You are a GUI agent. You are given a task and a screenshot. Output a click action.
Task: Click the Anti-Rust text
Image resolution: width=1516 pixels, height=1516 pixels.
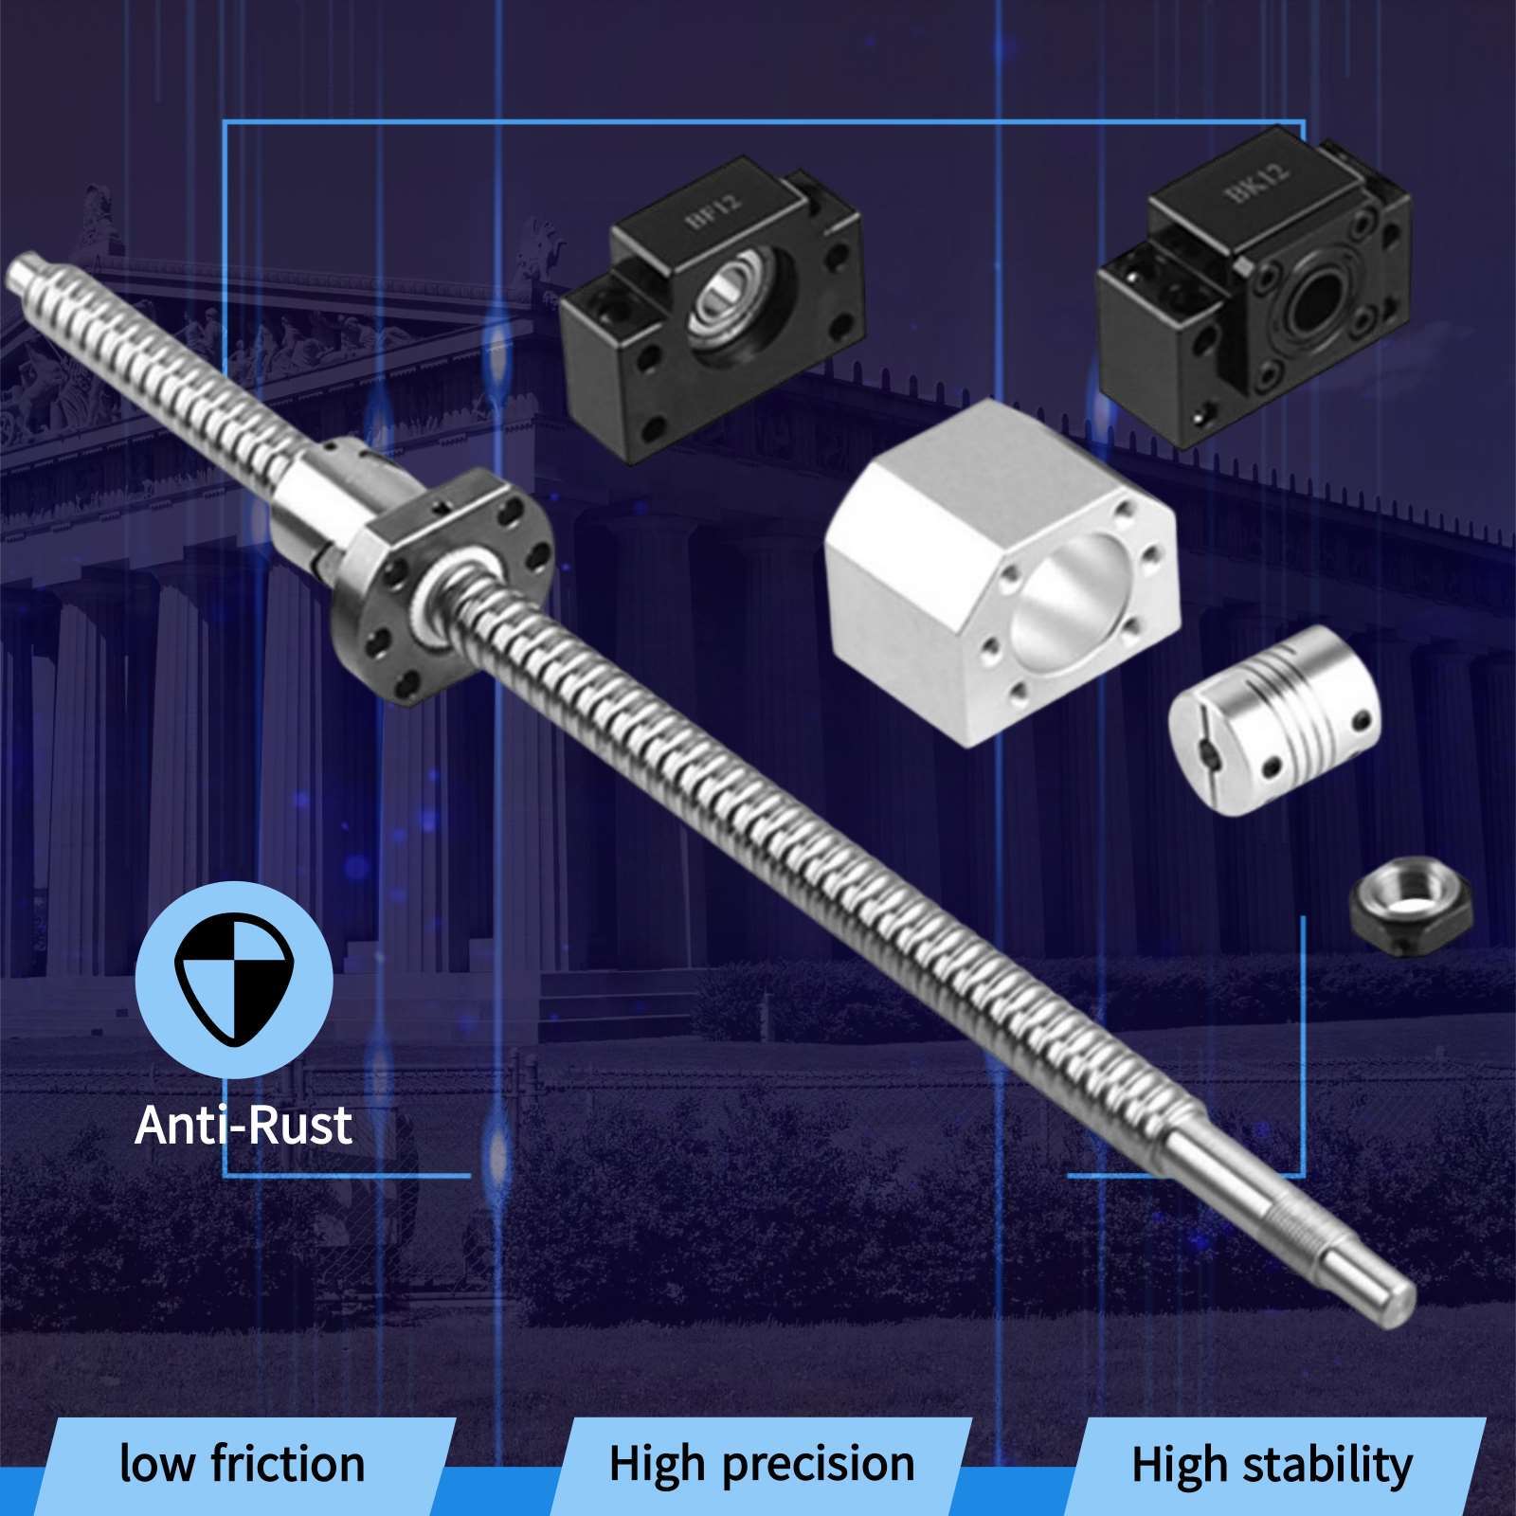click(244, 1125)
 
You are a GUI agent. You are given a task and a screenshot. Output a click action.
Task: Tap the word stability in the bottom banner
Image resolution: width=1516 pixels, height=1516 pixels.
click(1327, 1464)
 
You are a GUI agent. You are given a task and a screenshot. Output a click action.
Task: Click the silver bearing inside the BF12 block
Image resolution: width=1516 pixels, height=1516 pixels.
click(723, 302)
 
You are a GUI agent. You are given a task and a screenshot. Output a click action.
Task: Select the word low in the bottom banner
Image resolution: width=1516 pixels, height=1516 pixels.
click(157, 1463)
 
